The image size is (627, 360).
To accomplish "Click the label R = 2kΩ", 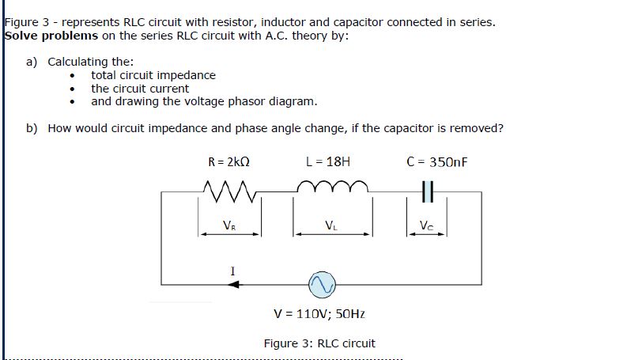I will (x=229, y=162).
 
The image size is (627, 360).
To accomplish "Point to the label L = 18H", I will (x=327, y=162).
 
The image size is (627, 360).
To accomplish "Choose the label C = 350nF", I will (x=436, y=162).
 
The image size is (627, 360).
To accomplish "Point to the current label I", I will (x=232, y=271).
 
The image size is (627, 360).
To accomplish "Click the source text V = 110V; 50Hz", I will (x=319, y=314).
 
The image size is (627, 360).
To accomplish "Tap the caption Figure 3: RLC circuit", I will (x=319, y=343).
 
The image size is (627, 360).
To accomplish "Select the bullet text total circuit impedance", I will (x=153, y=75).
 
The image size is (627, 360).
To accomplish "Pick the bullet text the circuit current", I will (x=140, y=89).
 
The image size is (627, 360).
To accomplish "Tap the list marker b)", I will (x=32, y=128).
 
